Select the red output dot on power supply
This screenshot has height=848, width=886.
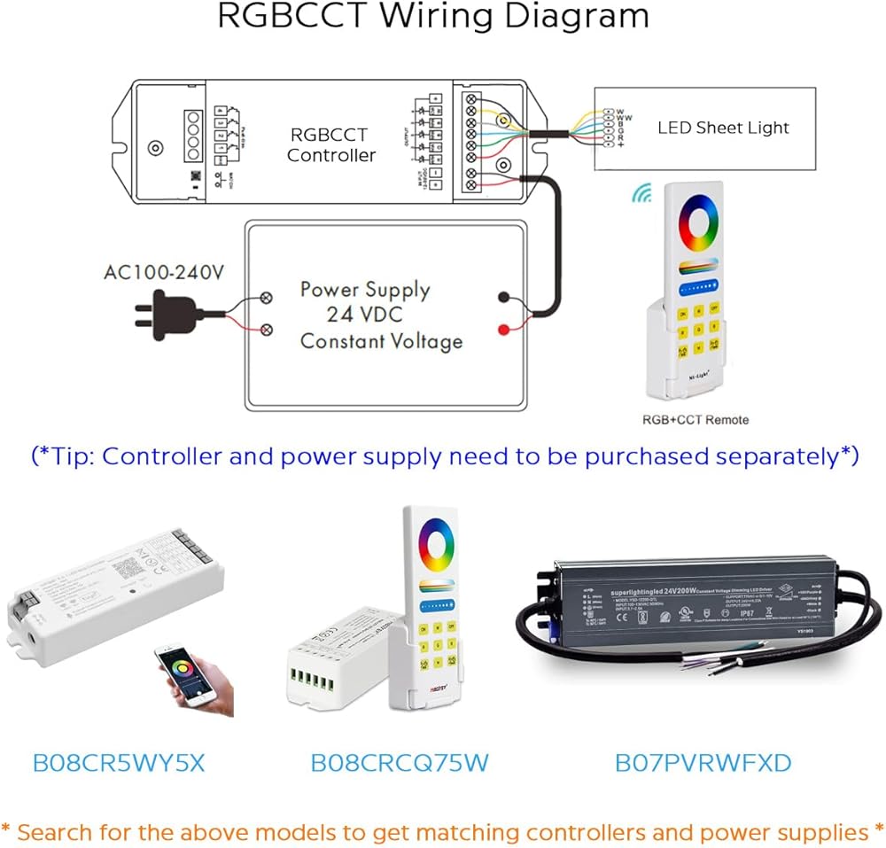pos(503,331)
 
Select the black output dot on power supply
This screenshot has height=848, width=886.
pos(503,299)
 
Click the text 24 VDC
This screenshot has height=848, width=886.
pos(365,315)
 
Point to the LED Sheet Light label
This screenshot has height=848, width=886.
pos(722,128)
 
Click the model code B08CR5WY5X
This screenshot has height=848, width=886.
pos(118,762)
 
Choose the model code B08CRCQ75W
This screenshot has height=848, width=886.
pos(400,762)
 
